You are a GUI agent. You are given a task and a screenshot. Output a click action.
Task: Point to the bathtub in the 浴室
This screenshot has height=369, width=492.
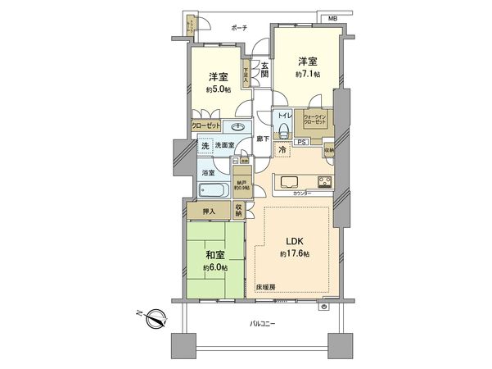click(214, 190)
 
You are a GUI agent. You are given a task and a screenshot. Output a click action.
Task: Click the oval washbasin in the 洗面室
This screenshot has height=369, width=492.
click(238, 127)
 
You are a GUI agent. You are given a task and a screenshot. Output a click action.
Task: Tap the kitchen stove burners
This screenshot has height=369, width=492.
click(324, 182)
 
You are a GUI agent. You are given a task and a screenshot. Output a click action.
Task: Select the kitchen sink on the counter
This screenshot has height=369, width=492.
click(291, 181)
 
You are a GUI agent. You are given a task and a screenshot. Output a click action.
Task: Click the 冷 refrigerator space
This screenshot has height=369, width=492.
click(282, 151)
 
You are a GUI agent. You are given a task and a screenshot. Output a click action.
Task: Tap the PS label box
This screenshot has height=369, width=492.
click(300, 142)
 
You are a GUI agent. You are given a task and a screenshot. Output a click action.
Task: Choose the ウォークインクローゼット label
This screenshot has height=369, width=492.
click(315, 119)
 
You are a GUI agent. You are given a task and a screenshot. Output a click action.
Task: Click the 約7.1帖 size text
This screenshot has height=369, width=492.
click(308, 73)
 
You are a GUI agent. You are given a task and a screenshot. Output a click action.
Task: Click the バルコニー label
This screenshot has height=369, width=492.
click(262, 325)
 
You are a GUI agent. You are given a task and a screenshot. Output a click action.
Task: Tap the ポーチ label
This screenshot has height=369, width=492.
click(239, 28)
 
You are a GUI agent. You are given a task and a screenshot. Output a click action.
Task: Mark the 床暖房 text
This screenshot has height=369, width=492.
click(265, 287)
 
